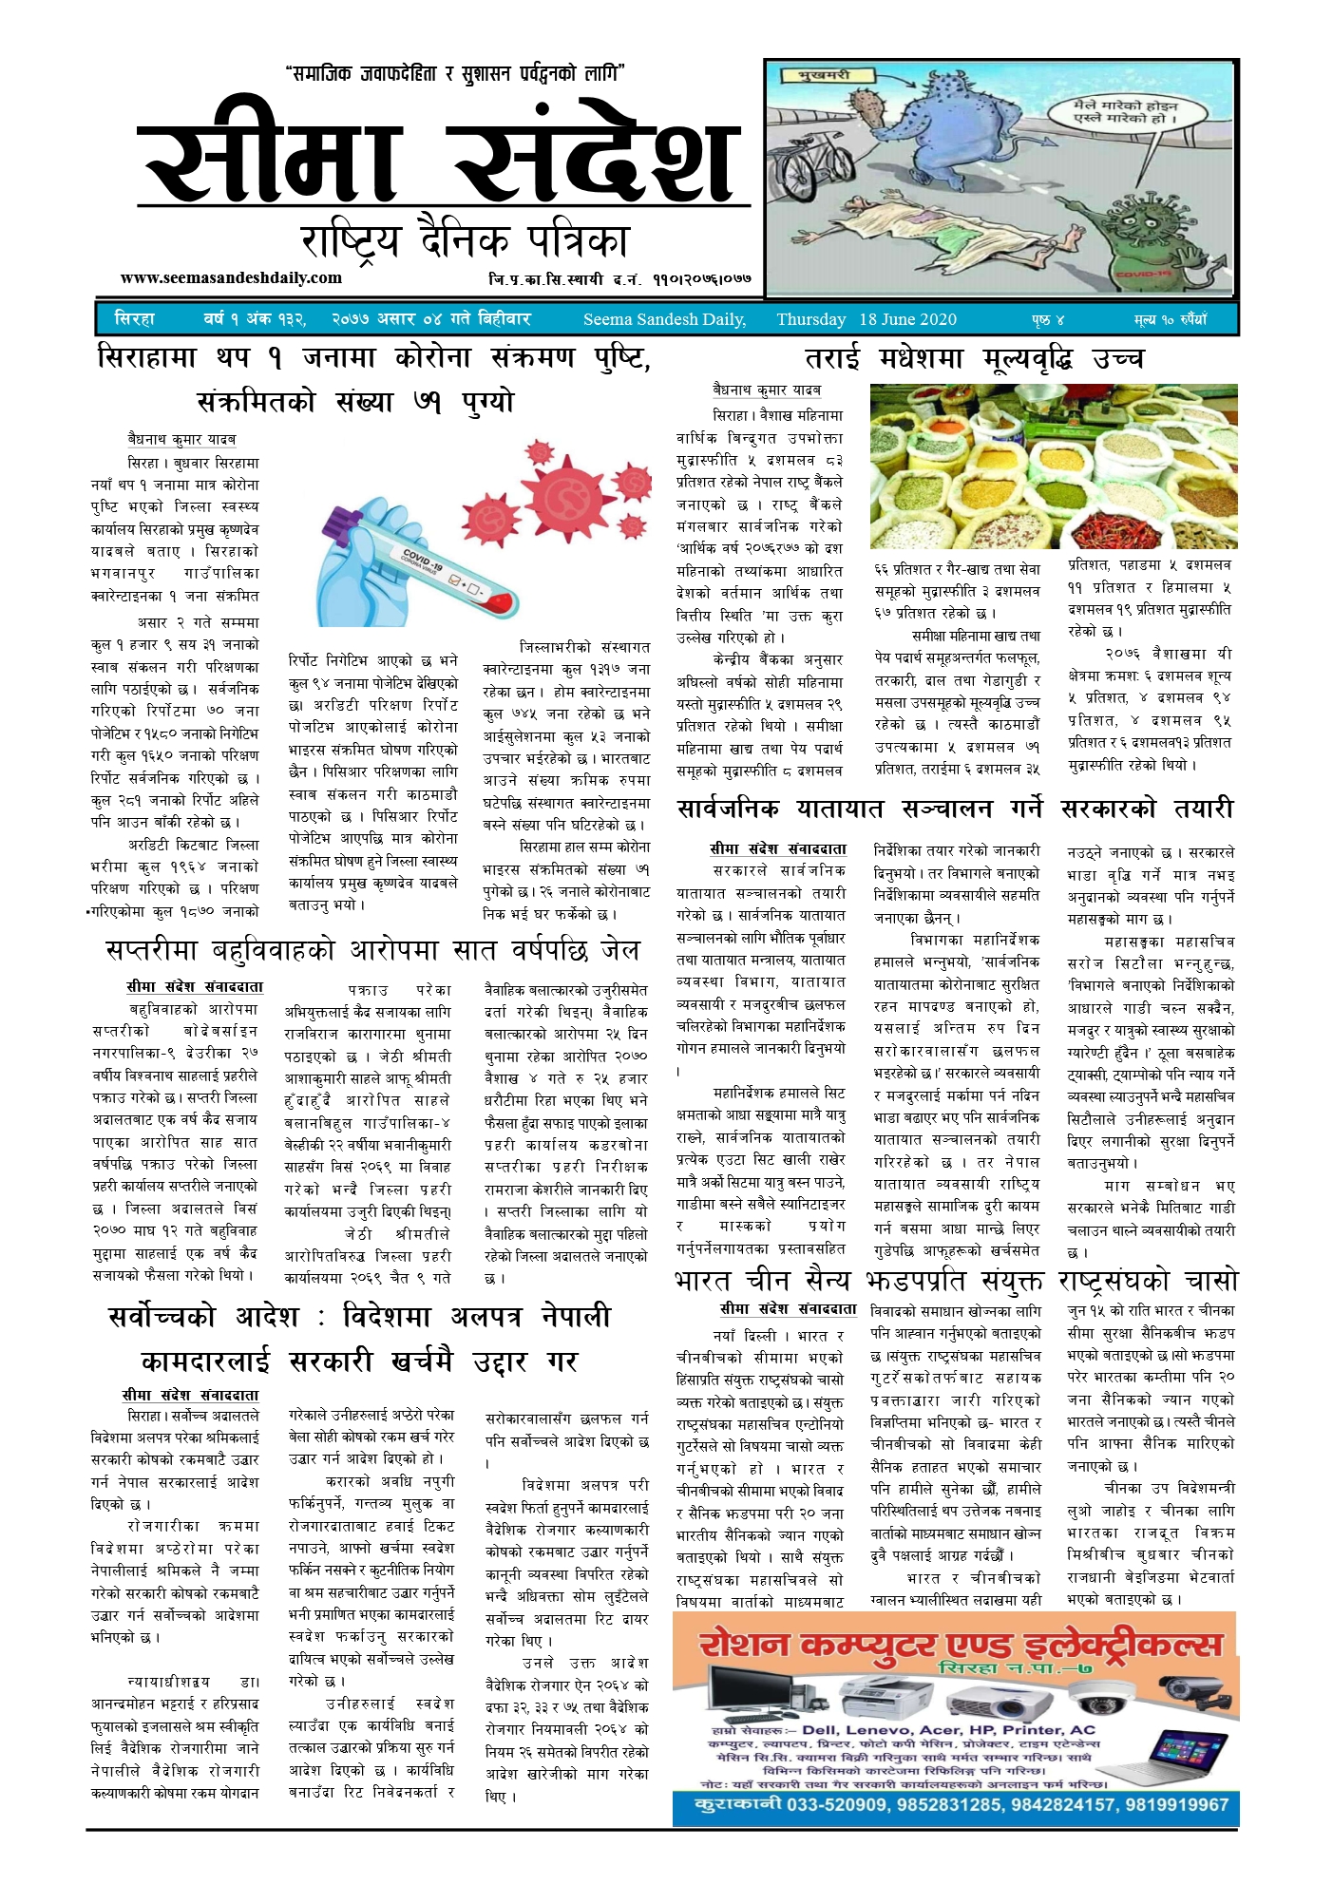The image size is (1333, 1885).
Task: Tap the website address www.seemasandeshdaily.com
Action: point(231,278)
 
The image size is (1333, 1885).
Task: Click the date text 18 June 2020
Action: point(907,319)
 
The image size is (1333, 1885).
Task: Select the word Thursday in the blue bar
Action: point(810,319)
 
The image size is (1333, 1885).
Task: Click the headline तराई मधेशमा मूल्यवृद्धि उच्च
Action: point(974,359)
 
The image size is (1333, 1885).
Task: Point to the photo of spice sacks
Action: point(1053,466)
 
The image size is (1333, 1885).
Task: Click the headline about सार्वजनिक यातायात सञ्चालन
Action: point(955,809)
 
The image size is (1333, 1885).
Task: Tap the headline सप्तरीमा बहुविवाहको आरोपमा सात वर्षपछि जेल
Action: point(372,950)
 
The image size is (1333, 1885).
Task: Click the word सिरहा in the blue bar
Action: point(134,319)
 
